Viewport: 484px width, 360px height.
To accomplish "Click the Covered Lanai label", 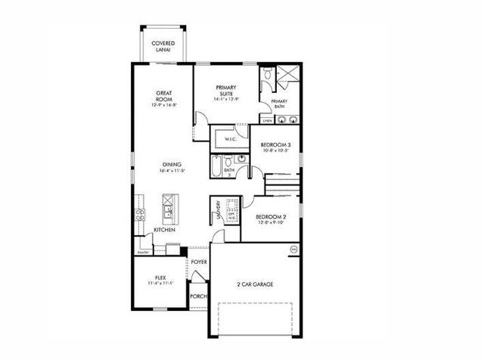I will [x=163, y=46].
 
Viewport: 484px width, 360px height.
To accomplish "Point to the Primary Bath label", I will [x=278, y=104].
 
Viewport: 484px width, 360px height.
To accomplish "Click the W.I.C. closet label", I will [x=231, y=139].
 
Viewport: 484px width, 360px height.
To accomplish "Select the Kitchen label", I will [x=164, y=229].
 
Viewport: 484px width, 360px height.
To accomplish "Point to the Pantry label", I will [x=143, y=252].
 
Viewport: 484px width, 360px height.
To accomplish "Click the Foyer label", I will [x=199, y=262].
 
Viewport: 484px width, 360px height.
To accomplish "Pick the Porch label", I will [x=199, y=296].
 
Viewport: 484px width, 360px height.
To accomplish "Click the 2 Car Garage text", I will [x=255, y=284].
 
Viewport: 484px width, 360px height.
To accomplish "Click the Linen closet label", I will [x=267, y=120].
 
